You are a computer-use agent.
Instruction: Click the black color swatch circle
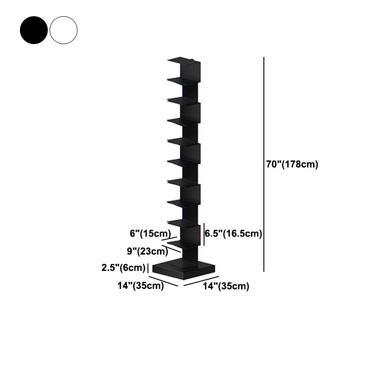tap(33, 30)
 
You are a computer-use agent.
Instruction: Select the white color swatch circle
tap(64, 30)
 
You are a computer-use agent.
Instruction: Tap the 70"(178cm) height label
tap(292, 165)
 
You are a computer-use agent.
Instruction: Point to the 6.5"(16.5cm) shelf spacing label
tap(234, 234)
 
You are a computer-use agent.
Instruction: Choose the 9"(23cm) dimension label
tap(147, 251)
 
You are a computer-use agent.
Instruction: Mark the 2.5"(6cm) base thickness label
tap(123, 268)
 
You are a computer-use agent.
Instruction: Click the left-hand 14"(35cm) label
tap(141, 286)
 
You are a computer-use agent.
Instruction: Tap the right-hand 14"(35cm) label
tap(226, 286)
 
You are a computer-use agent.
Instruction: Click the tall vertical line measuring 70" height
tap(264, 165)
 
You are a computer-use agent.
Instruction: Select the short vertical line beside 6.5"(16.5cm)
tap(204, 234)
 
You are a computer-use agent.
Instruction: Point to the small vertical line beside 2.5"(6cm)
tap(147, 268)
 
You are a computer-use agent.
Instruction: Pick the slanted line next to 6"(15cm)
tap(169, 237)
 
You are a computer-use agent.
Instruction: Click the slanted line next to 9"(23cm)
tap(174, 249)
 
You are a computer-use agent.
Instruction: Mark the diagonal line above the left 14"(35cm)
tap(163, 281)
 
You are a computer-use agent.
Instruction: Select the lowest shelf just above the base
tap(179, 243)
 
